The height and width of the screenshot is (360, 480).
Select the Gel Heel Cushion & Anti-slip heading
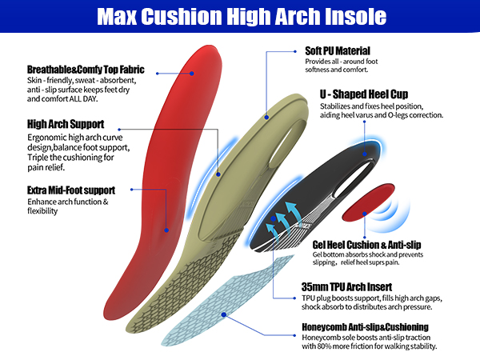tap(367, 244)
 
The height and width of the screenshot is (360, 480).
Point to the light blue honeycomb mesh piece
tap(216, 288)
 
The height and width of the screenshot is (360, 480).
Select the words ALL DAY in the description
tap(94, 99)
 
